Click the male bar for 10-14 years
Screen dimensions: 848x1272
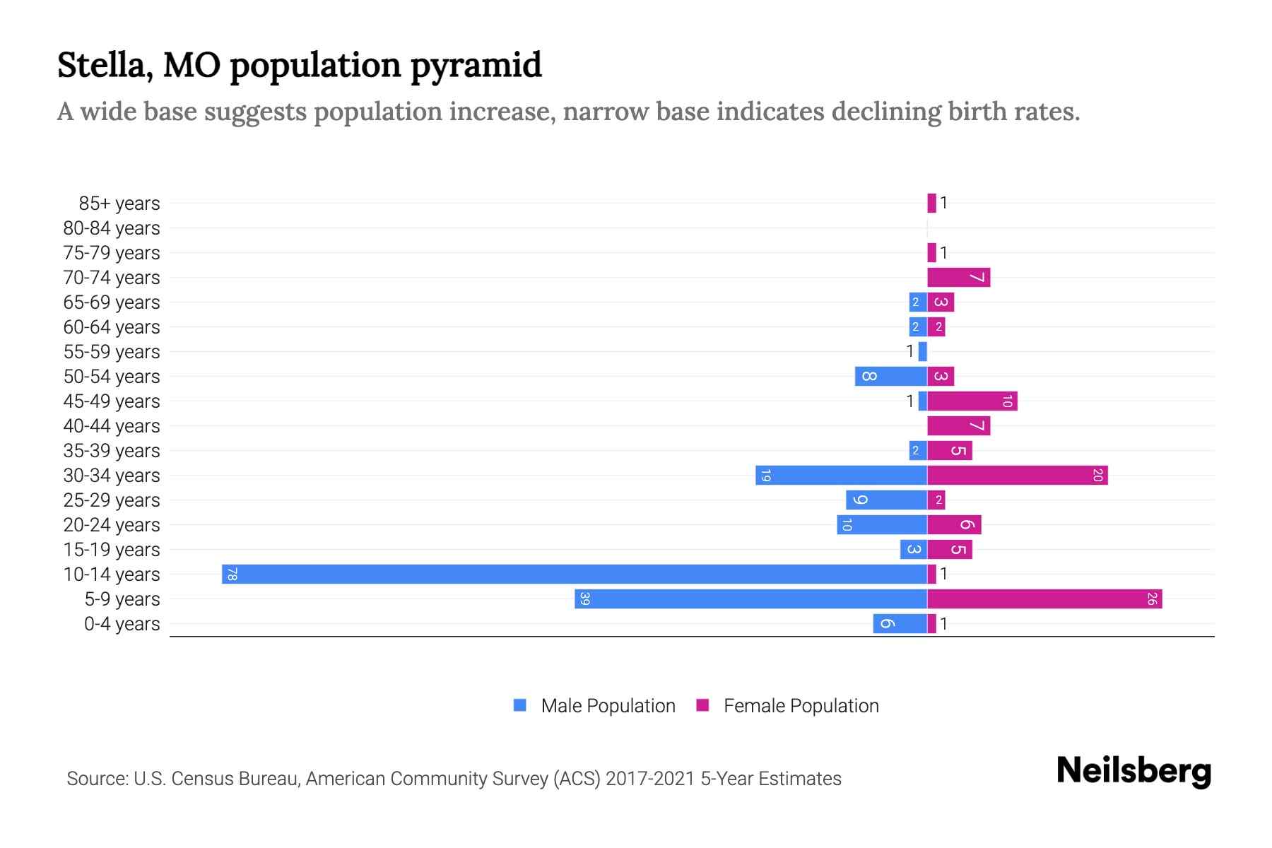(x=574, y=574)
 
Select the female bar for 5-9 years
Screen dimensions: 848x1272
(x=1044, y=599)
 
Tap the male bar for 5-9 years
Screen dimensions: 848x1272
(x=750, y=599)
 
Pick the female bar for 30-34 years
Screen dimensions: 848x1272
(x=1017, y=475)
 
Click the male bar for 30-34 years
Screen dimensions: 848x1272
(x=841, y=475)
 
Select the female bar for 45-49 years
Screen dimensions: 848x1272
(x=972, y=401)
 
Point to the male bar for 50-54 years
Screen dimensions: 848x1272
(x=890, y=376)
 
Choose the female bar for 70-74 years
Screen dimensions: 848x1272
(x=958, y=277)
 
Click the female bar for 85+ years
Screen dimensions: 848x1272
(x=931, y=203)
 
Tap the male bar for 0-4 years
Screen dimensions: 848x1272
(x=900, y=623)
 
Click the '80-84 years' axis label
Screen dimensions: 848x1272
(x=112, y=228)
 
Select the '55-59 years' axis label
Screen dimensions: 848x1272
(x=112, y=351)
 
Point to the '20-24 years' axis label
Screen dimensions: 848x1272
(x=112, y=524)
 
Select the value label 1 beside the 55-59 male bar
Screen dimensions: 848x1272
(x=910, y=351)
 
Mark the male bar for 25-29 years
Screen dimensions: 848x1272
(x=886, y=500)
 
